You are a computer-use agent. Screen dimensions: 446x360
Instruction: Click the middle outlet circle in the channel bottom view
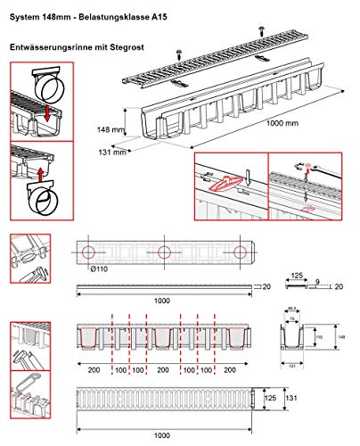166,253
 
